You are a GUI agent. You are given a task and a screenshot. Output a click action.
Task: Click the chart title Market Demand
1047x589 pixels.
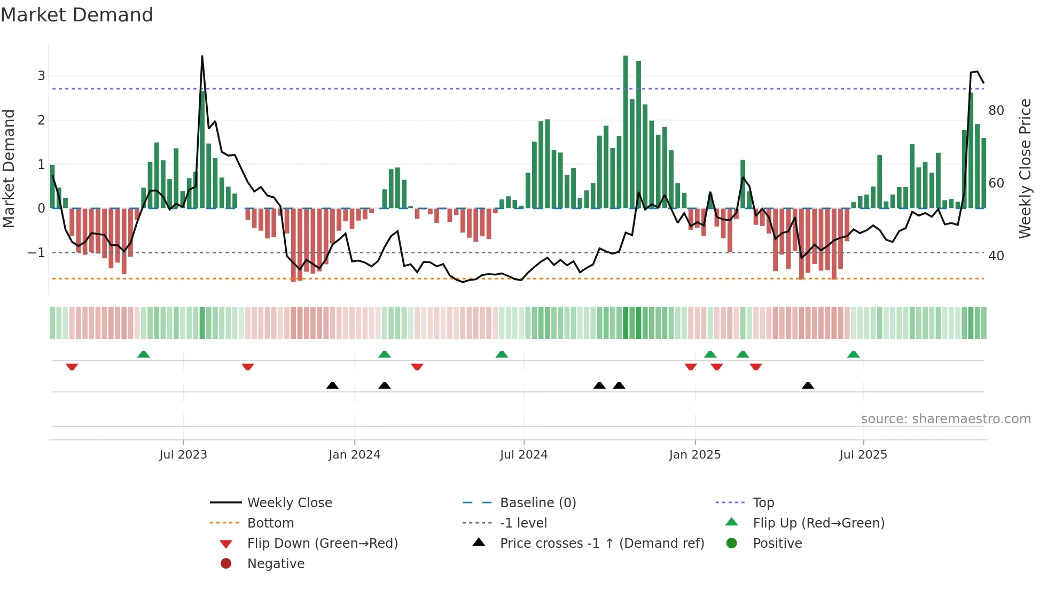pyautogui.click(x=77, y=15)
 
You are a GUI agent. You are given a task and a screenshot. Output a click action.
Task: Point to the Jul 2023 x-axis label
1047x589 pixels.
pyautogui.click(x=183, y=455)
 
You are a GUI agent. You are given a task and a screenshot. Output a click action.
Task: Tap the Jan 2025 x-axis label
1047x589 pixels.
pyautogui.click(x=694, y=455)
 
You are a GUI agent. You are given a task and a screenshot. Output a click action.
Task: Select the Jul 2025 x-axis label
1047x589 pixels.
pyautogui.click(x=863, y=455)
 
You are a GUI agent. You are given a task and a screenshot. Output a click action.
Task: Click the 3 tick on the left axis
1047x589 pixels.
pyautogui.click(x=41, y=76)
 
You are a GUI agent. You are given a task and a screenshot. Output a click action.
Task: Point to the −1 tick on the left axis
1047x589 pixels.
pyautogui.click(x=36, y=253)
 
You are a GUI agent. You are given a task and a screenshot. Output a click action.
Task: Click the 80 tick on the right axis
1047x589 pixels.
pyautogui.click(x=996, y=111)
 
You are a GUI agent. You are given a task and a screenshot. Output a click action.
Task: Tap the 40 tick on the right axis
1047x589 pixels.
pyautogui.click(x=996, y=256)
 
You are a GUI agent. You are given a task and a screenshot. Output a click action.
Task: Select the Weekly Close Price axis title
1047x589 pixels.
pyautogui.click(x=1025, y=168)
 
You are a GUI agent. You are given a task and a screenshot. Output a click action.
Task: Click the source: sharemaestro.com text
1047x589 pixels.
pyautogui.click(x=946, y=419)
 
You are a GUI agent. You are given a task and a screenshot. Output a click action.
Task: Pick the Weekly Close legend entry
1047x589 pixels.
pyautogui.click(x=289, y=503)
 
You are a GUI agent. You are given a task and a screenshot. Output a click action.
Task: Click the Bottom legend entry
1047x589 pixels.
pyautogui.click(x=270, y=523)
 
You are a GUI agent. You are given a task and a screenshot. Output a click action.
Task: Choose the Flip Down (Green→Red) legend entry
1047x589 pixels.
pyautogui.click(x=322, y=544)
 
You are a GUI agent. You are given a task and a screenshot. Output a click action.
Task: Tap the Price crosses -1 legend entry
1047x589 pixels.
pyautogui.click(x=601, y=544)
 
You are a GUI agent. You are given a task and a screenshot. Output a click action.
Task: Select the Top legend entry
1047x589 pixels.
pyautogui.click(x=763, y=503)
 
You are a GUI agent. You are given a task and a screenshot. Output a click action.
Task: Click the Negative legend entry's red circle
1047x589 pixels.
pyautogui.click(x=226, y=564)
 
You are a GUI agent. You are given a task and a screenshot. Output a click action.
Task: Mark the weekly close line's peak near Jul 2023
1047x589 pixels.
pyautogui.click(x=202, y=56)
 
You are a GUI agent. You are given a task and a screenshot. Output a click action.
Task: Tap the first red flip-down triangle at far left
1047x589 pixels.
pyautogui.click(x=72, y=367)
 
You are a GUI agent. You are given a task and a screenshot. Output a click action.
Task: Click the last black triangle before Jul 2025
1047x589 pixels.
pyautogui.click(x=808, y=385)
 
